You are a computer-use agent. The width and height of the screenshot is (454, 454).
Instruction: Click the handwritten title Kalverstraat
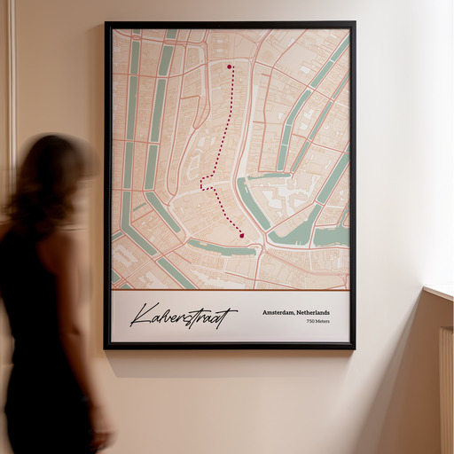(184, 316)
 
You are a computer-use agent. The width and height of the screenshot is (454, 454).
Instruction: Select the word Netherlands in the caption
(313, 312)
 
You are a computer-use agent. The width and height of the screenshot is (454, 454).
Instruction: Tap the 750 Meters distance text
(317, 321)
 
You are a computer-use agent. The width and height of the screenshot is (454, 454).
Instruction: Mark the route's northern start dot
(229, 67)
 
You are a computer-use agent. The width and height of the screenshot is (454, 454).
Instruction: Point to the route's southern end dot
(241, 235)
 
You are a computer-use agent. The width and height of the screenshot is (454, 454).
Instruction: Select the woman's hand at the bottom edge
(103, 436)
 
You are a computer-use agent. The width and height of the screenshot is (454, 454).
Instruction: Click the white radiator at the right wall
(446, 390)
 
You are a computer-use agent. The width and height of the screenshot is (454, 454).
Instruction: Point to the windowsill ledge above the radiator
(439, 292)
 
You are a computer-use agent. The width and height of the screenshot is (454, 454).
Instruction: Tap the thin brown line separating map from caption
(231, 290)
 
